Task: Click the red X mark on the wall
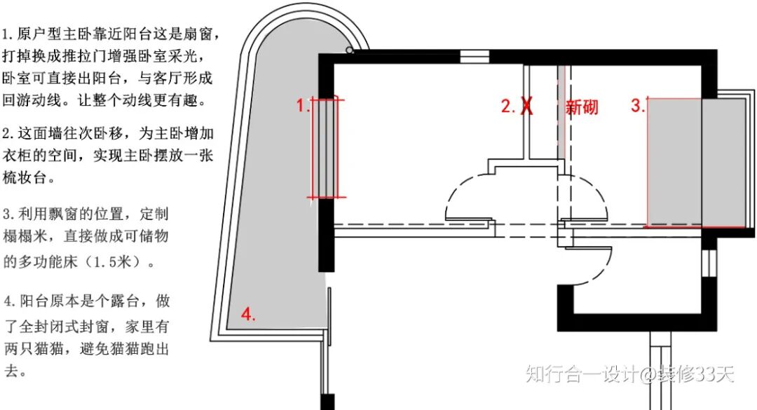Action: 526,107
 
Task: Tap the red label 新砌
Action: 582,107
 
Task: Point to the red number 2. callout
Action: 507,107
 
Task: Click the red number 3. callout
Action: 637,107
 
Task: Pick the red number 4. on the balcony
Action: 248,315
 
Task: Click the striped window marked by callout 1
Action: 326,148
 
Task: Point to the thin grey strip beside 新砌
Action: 561,112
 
